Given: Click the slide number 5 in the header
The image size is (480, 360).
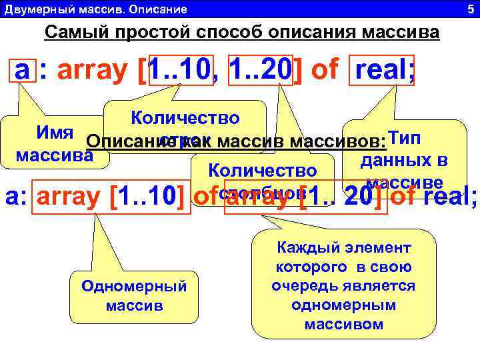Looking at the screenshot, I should [x=470, y=9].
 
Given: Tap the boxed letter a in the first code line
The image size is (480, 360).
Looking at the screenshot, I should [x=22, y=70].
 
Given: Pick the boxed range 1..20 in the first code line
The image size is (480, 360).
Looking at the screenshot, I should [x=261, y=70].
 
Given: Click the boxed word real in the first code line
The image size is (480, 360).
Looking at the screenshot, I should [x=385, y=70].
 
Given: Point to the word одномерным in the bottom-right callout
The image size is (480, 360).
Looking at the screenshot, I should [x=343, y=305].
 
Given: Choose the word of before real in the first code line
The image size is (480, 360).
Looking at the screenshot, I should [x=323, y=70].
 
